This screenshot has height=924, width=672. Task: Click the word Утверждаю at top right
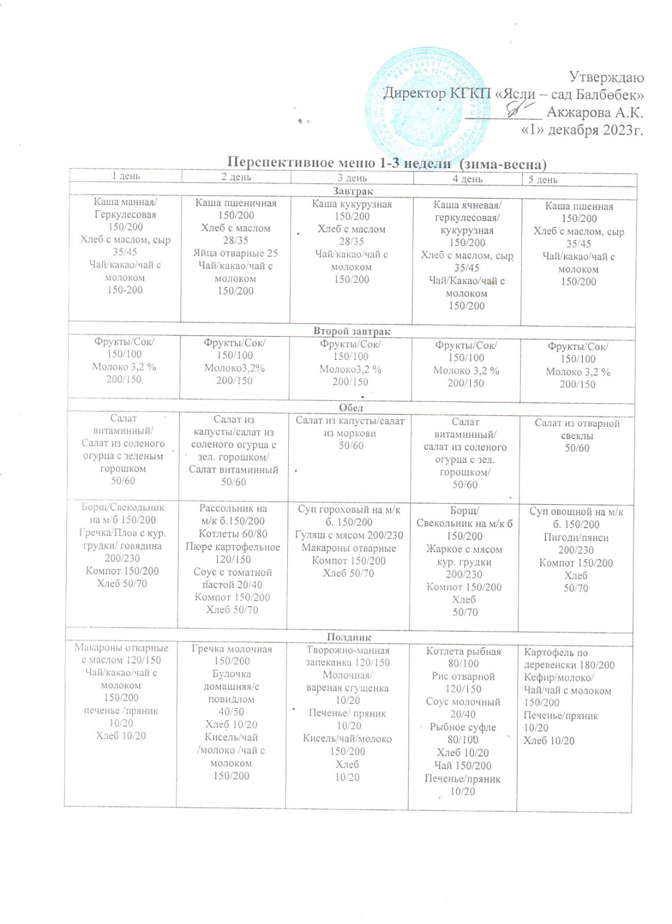tap(606, 77)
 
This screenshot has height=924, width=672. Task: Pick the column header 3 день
tap(352, 178)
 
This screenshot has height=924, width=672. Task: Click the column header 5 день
tap(543, 180)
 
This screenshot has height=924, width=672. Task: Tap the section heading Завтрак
tap(353, 191)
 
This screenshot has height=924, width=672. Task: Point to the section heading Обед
tap(352, 408)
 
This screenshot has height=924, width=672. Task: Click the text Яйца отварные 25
tap(235, 253)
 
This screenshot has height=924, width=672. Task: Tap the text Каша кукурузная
tap(352, 204)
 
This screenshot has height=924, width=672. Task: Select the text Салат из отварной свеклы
tap(577, 429)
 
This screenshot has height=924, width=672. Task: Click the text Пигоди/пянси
tap(576, 537)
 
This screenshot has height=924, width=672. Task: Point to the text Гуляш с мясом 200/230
tap(349, 535)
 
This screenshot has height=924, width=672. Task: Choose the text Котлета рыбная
tap(463, 651)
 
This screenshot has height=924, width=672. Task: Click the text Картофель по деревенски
tap(569, 658)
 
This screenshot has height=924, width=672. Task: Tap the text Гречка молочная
tap(232, 649)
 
